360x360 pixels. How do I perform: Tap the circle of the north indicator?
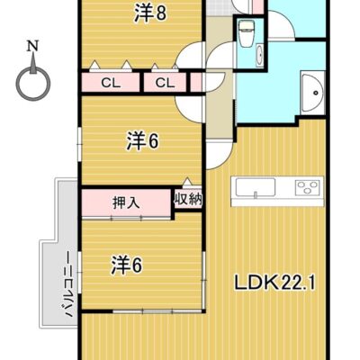32,85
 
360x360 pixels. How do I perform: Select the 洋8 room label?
150,13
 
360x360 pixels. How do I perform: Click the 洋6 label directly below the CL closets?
142,140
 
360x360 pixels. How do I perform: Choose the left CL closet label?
112,84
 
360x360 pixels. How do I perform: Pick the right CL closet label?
164,84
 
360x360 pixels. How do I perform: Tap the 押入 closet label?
126,202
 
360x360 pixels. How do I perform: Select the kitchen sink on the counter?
255,188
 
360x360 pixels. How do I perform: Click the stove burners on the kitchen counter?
307,188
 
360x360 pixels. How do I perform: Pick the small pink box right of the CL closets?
194,84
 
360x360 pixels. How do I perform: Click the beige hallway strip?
220,117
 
